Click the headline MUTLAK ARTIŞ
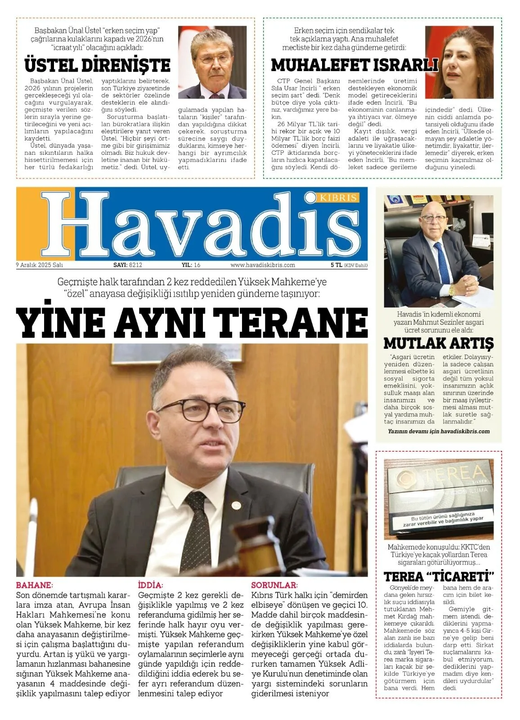coord(438,343)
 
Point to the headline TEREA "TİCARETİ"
coord(439,576)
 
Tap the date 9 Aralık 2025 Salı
coord(39,265)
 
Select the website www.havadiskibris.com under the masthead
coord(263,265)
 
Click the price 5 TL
coord(336,265)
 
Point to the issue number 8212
coord(135,265)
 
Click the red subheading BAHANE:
coord(34,585)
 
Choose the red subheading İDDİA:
coord(150,585)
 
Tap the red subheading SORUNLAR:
coord(274,585)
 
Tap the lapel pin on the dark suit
coord(236,504)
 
